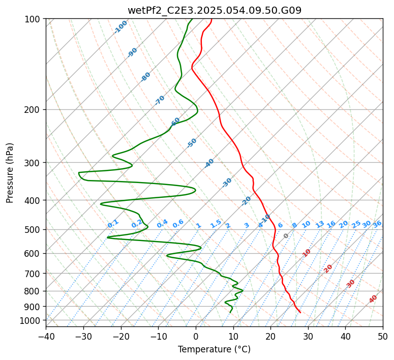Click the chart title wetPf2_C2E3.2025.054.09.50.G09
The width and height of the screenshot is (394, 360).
(x=214, y=10)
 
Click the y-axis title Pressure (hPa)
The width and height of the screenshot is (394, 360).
(x=10, y=172)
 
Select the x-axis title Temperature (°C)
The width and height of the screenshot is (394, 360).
(x=214, y=349)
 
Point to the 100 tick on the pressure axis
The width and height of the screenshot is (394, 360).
(x=34, y=19)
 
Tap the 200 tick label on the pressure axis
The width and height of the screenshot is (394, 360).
(x=34, y=110)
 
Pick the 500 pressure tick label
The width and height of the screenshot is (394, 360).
(x=34, y=230)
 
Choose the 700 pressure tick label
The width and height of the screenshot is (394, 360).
(x=34, y=274)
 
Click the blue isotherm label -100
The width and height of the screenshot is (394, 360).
(x=121, y=27)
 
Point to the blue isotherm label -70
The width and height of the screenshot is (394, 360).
(x=160, y=100)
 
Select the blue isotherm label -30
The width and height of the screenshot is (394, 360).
(x=227, y=183)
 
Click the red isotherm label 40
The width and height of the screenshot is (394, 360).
(x=373, y=299)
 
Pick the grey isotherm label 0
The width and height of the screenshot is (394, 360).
(x=286, y=236)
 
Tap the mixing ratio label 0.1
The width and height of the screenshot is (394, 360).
(x=113, y=223)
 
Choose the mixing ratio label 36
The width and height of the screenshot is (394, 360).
(x=377, y=224)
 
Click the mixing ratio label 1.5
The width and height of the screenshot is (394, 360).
(x=216, y=223)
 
